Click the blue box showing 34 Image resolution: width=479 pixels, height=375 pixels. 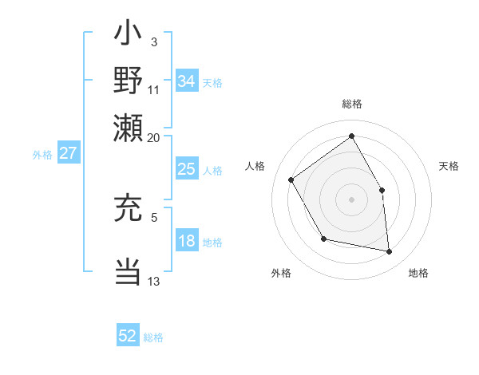click(x=186, y=81)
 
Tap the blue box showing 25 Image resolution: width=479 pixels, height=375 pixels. click(x=186, y=169)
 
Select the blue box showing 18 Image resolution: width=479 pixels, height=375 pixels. click(x=186, y=242)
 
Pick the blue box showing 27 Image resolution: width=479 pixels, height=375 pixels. click(x=68, y=153)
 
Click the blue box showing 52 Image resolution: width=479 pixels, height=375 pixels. click(x=128, y=336)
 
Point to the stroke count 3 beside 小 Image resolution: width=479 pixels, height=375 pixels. click(x=153, y=41)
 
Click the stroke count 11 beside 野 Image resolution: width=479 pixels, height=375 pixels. click(x=154, y=89)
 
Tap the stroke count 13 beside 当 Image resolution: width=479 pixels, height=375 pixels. click(x=154, y=281)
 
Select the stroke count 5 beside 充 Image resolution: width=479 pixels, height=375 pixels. click(x=153, y=216)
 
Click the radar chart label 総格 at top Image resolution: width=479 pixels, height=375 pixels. click(x=352, y=105)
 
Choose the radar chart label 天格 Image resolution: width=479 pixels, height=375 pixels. click(x=449, y=166)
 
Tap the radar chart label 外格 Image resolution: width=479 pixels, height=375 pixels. click(x=281, y=274)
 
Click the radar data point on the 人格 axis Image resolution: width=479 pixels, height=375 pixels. click(x=291, y=180)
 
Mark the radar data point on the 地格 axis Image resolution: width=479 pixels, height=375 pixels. click(x=389, y=251)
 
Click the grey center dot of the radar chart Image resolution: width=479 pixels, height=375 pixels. click(x=351, y=199)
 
